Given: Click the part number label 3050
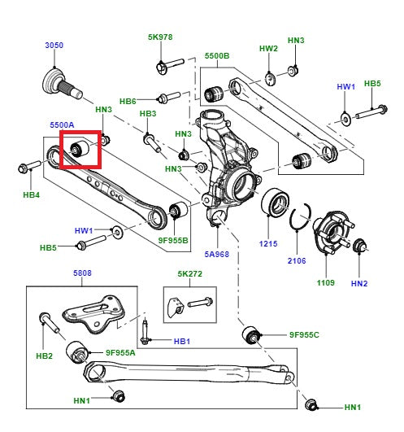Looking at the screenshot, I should click(54, 45).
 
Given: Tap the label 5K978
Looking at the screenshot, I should click(160, 37).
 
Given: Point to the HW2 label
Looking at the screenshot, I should click(268, 48).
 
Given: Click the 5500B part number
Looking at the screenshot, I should click(217, 56).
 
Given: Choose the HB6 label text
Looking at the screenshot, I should click(128, 101).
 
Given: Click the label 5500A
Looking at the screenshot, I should click(62, 124).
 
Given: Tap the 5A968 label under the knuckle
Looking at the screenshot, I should click(217, 253).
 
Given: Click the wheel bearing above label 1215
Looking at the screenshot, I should click(273, 204).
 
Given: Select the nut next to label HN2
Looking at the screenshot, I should click(358, 245).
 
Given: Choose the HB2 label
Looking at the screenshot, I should click(43, 356).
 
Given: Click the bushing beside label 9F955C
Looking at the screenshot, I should click(254, 334).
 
